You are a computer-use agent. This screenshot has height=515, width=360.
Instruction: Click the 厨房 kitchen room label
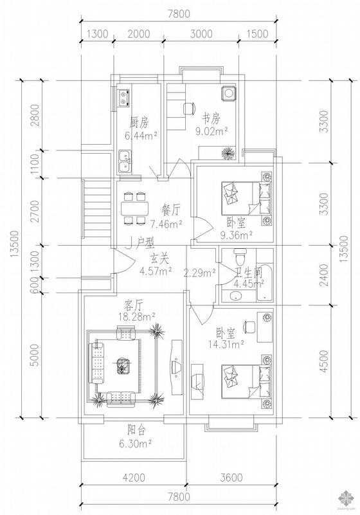point(139,123)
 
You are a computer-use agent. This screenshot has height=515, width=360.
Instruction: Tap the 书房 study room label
point(211,118)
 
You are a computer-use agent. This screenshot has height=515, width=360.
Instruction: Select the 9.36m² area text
point(236,235)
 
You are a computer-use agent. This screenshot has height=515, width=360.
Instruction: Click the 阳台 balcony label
point(136,430)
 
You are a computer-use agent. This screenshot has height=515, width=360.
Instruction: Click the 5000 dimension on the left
point(35,355)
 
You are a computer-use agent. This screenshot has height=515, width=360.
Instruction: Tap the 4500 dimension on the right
point(323,361)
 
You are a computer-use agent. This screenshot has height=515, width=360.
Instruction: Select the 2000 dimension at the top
point(139,34)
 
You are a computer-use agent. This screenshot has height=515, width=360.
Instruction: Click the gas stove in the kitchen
point(124,98)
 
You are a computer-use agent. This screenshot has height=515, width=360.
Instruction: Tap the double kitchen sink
point(124,161)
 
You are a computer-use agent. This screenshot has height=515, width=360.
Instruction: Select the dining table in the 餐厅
point(134,208)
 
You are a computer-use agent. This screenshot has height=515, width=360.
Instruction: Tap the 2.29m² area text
point(199,272)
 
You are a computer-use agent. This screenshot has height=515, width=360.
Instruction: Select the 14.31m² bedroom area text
point(226,344)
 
